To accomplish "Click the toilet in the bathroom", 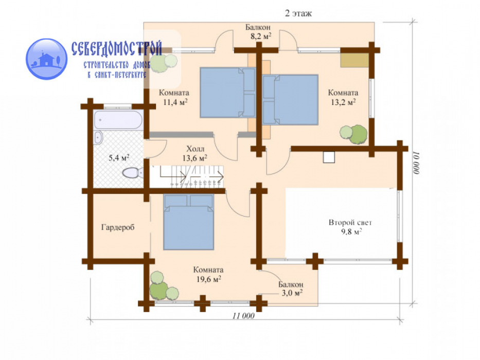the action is [133, 173].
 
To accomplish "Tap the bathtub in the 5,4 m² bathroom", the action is [118, 120].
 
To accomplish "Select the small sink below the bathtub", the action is [98, 137].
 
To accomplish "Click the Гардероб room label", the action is [117, 227].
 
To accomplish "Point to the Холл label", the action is [195, 149].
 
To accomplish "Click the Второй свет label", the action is [350, 223].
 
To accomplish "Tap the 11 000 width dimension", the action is [243, 316].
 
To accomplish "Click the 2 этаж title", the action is [298, 13].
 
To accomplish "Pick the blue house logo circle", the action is [46, 59].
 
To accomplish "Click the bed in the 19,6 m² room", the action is [188, 222].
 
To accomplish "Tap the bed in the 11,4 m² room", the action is [228, 93].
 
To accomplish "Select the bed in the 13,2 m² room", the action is [290, 100].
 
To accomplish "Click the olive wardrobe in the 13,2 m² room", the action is [354, 60].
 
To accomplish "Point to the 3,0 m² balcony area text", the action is [292, 293].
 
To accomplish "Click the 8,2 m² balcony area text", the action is [261, 37].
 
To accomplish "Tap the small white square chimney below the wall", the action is [329, 157].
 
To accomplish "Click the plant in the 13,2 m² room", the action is [353, 134].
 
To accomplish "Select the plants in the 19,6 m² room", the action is [163, 286].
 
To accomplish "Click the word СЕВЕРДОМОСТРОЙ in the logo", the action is [117, 49].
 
